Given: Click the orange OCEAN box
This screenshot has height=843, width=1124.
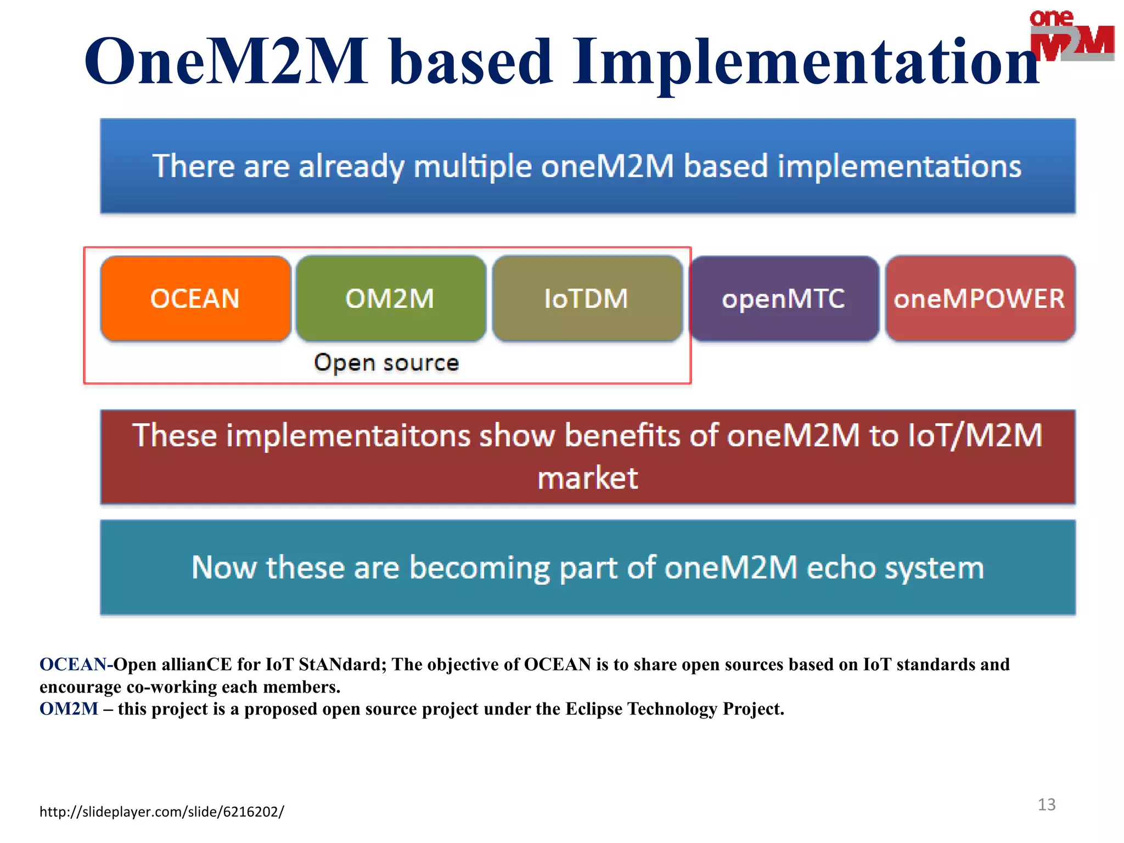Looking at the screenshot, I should pyautogui.click(x=195, y=299).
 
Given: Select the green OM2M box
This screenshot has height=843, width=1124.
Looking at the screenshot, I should pyautogui.click(x=390, y=299).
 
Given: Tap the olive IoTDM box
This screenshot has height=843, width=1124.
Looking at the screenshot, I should pyautogui.click(x=587, y=299).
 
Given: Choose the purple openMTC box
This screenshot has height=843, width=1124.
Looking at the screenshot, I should pyautogui.click(x=784, y=299).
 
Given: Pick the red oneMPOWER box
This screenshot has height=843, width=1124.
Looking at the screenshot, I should pyautogui.click(x=980, y=299).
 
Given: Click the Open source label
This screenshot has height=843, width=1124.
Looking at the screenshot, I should pyautogui.click(x=386, y=363).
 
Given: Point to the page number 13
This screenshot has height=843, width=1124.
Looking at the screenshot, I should pyautogui.click(x=1047, y=805).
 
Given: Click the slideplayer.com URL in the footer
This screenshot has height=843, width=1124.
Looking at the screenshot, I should pyautogui.click(x=162, y=811).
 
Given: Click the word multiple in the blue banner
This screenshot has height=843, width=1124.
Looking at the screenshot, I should pyautogui.click(x=473, y=166).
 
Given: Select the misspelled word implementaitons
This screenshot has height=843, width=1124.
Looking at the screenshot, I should pyautogui.click(x=348, y=436).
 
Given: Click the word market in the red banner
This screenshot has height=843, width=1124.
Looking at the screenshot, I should pyautogui.click(x=587, y=478).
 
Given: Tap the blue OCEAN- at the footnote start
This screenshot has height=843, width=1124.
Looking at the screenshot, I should pyautogui.click(x=76, y=665).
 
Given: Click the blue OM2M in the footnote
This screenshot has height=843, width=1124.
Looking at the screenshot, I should pyautogui.click(x=69, y=709).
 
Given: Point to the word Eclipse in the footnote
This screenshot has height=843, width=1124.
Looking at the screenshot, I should pyautogui.click(x=594, y=709).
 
